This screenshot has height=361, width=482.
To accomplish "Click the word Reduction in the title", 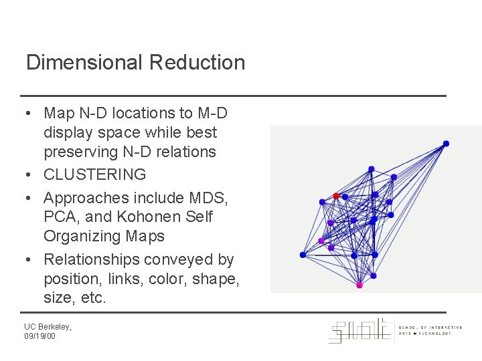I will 197,63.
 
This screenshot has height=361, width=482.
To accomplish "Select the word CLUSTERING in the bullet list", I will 94,174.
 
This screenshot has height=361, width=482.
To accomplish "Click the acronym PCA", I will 60,217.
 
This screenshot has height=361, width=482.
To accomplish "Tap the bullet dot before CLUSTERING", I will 31,175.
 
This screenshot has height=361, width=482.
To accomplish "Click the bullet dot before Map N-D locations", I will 31,114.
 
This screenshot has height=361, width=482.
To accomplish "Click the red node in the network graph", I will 337,196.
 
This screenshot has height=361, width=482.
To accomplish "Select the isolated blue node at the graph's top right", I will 446,143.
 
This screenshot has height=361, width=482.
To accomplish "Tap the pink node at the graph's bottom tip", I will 359,285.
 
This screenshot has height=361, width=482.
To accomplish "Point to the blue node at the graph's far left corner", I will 303,255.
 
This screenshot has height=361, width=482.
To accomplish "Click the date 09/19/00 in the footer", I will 41,336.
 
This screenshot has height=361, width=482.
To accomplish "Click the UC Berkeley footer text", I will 48,326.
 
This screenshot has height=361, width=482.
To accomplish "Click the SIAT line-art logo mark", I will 358,330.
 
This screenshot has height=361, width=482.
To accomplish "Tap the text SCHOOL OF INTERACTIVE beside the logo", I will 430,328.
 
